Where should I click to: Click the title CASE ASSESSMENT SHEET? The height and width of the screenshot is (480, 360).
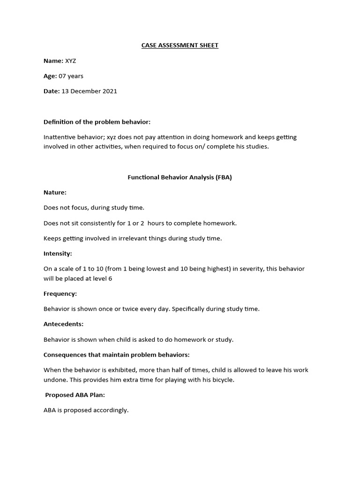[x=180, y=45]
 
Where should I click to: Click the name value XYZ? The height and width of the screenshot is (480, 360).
[x=71, y=61]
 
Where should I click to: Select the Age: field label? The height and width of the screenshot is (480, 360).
[x=50, y=76]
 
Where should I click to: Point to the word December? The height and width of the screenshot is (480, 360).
[x=84, y=91]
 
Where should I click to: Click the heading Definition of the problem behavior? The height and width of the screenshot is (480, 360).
[x=97, y=122]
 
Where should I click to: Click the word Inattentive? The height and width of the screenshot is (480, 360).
[x=59, y=137]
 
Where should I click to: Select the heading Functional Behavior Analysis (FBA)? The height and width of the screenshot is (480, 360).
[x=180, y=177]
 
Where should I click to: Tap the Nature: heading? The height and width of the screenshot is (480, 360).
[x=55, y=192]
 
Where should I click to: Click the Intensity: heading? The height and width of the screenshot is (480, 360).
[x=58, y=254]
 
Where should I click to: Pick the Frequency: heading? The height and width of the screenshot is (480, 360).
[x=60, y=294]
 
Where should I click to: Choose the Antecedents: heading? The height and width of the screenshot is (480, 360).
[x=63, y=324]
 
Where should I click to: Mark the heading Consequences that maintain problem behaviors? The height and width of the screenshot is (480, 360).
[x=116, y=355]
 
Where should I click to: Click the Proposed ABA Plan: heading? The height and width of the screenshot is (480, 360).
[x=75, y=395]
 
